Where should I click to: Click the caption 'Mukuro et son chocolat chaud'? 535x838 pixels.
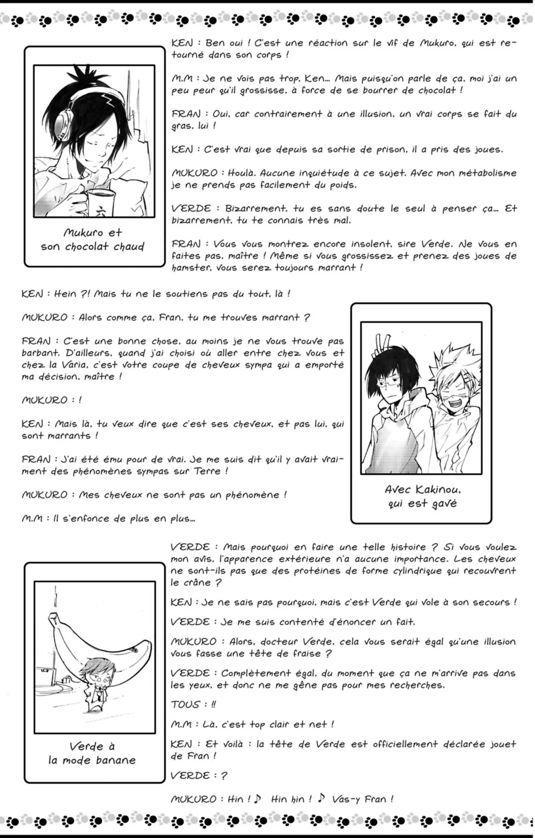[93, 240]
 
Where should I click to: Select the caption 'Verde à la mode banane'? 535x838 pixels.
[92, 753]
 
